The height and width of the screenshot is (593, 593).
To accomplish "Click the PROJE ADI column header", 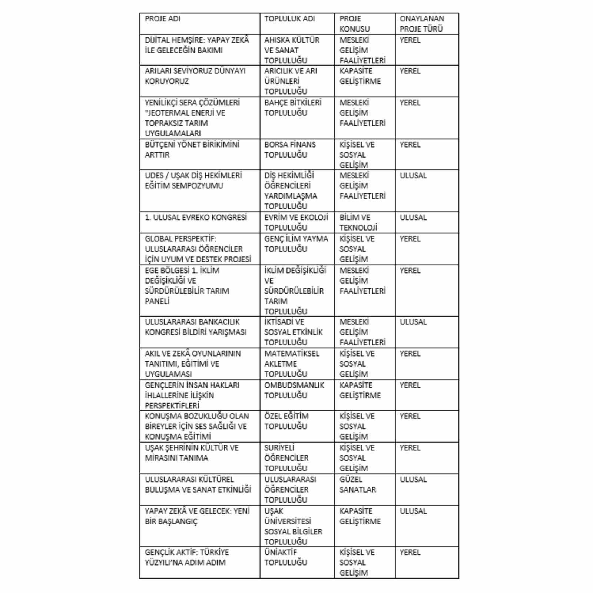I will (163, 19).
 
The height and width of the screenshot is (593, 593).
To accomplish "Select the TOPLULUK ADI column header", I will (289, 19).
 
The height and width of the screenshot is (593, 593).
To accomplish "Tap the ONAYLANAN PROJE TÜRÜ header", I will (422, 24).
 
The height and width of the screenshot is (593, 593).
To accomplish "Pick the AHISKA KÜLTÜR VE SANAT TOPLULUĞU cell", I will (292, 50).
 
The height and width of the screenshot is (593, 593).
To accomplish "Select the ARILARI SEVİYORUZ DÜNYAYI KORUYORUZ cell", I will (195, 76).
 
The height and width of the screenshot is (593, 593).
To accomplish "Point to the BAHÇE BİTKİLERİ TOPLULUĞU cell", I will (293, 107).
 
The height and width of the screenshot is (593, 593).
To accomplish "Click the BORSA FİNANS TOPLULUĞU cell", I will (290, 150).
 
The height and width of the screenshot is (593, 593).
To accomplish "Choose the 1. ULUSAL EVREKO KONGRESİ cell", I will (196, 218).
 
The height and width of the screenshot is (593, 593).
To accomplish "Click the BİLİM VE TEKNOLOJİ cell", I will (358, 222).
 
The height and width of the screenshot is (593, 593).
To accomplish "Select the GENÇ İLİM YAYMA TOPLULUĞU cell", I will (296, 244).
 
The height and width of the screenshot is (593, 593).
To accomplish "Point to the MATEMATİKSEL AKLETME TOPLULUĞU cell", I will (292, 364).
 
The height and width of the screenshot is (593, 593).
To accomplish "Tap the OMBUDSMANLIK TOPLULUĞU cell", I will (294, 390).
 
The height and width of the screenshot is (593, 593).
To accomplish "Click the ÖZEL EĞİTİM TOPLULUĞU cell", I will (286, 421).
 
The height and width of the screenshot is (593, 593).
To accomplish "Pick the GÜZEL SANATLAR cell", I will (358, 484).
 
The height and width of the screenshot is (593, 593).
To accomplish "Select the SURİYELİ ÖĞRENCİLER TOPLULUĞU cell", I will (286, 458).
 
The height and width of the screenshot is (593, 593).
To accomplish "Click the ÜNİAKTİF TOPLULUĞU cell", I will (286, 557).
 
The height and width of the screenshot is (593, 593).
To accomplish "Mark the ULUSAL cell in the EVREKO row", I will (413, 218).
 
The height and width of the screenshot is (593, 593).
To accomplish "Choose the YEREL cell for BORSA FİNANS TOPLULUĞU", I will (410, 145).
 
